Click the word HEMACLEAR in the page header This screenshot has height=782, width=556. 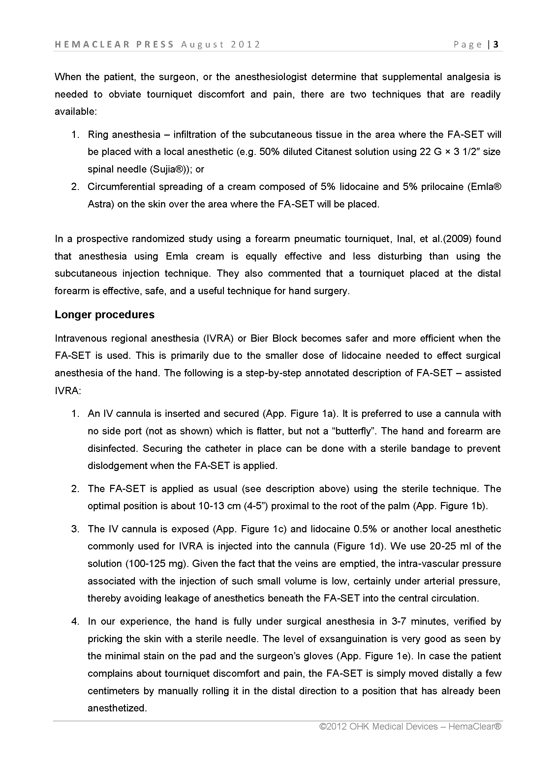(x=92, y=45)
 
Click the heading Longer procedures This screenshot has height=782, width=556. (x=105, y=315)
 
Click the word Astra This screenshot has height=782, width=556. (x=100, y=204)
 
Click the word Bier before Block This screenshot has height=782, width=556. (x=259, y=338)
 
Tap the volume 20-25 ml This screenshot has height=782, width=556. (x=450, y=546)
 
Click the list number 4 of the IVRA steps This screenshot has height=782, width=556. (x=75, y=621)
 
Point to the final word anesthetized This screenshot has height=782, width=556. (x=117, y=708)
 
